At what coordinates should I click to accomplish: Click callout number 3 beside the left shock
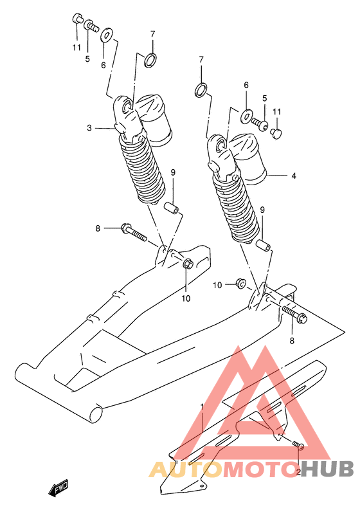89,128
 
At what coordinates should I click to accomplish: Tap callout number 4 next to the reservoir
294,176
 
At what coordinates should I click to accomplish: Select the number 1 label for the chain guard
202,407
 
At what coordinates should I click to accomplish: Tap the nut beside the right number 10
241,284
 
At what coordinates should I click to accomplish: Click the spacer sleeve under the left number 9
171,208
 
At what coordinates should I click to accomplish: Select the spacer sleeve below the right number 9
263,246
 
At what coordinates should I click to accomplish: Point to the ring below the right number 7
201,90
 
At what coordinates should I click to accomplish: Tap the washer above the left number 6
106,35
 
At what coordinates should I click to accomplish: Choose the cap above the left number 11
77,18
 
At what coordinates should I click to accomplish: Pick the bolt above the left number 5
92,26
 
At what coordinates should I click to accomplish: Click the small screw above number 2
298,444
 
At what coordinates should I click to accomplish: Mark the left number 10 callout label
186,298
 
